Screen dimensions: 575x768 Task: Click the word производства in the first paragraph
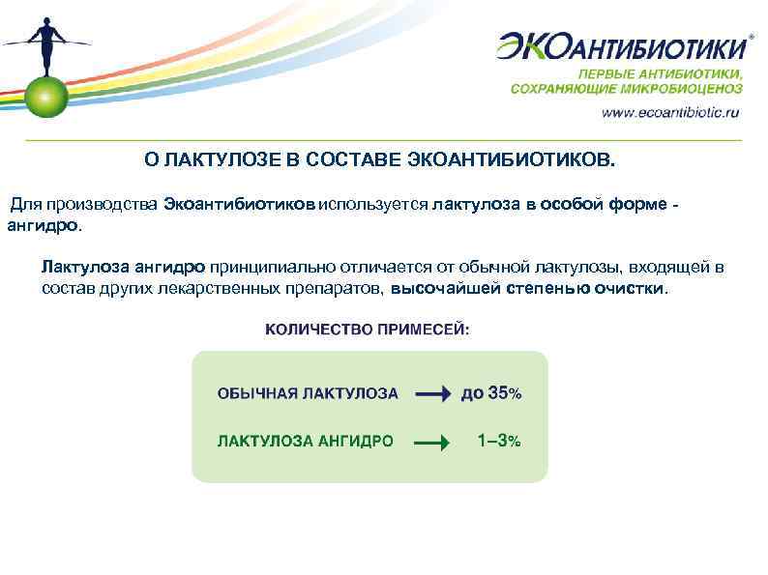click(112, 205)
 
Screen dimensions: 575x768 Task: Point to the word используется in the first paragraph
click(373, 205)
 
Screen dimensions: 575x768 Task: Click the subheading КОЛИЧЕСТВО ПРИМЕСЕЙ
click(369, 330)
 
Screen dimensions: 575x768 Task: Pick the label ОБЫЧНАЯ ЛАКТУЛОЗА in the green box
click(308, 393)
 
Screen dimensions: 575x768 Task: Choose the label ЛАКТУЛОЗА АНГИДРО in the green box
click(305, 442)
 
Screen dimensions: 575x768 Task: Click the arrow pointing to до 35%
click(432, 393)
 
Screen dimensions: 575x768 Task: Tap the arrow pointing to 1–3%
click(432, 443)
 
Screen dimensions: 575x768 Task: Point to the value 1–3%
click(498, 441)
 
